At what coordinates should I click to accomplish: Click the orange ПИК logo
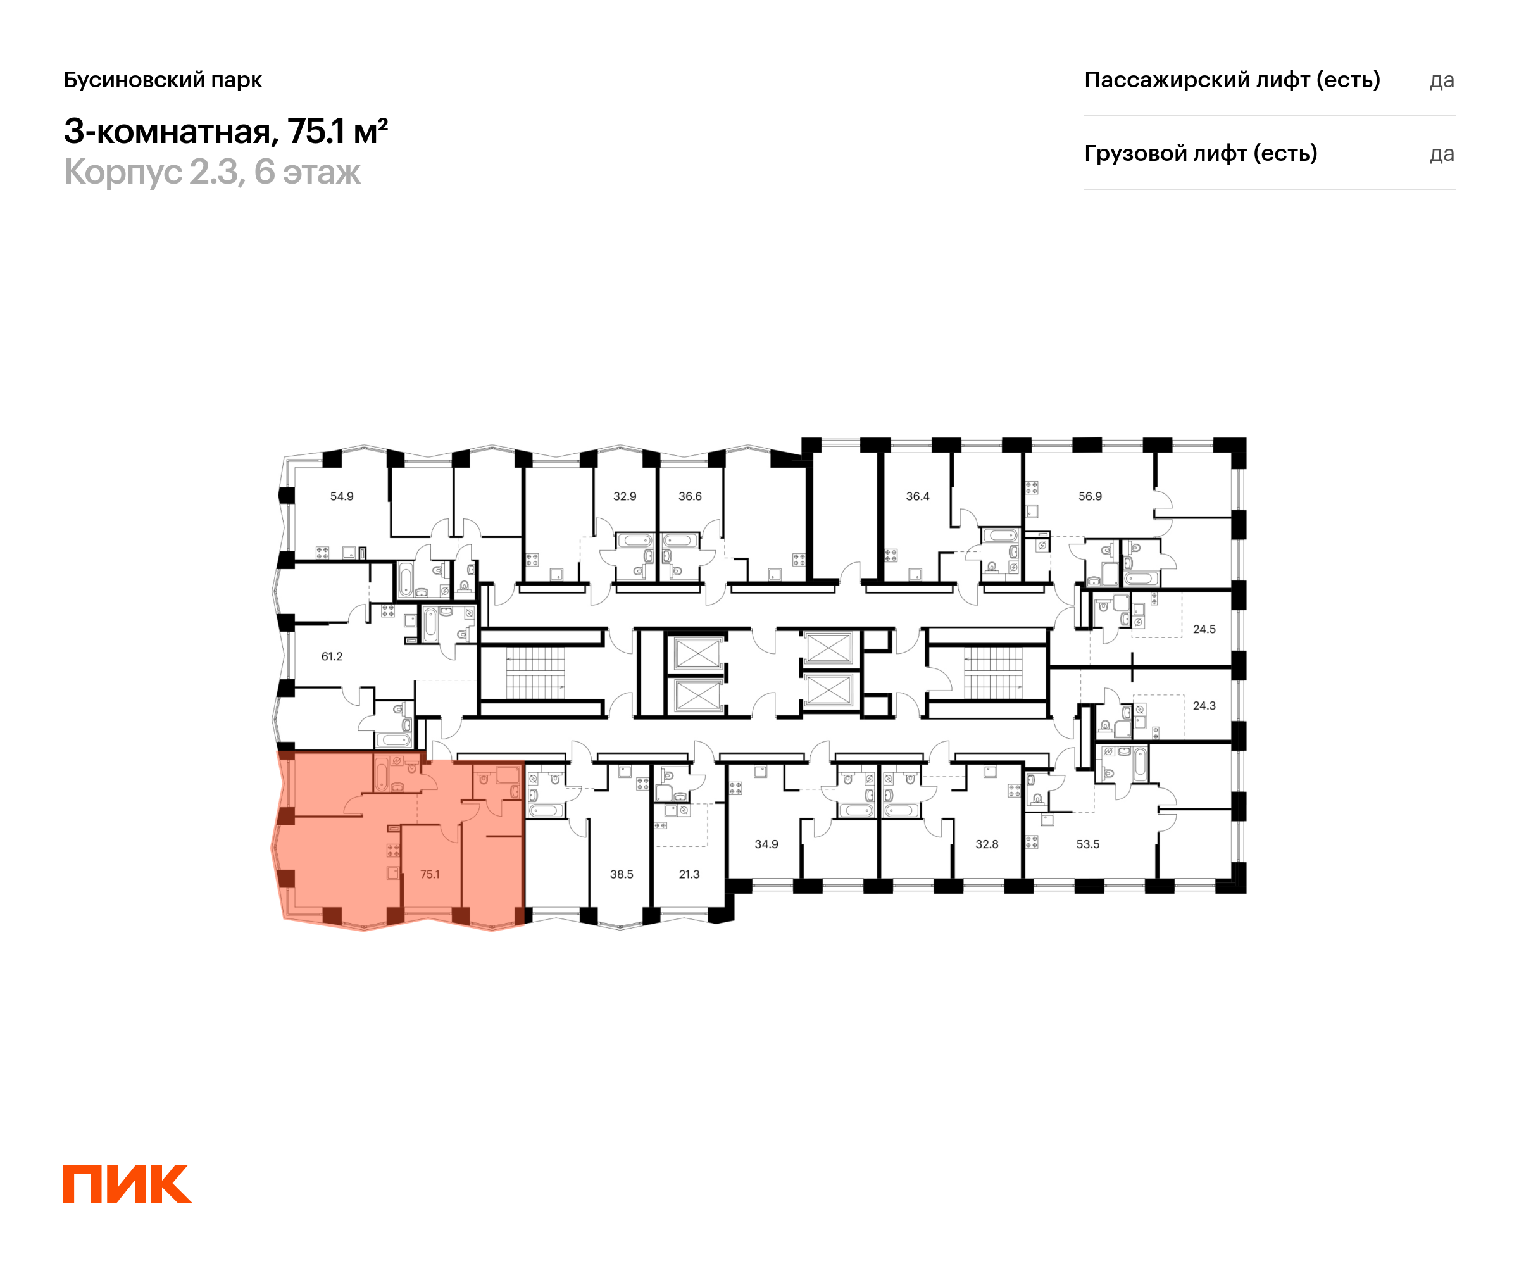[x=127, y=1184]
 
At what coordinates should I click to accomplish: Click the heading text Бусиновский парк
[x=163, y=80]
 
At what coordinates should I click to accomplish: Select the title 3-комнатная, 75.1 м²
[x=226, y=131]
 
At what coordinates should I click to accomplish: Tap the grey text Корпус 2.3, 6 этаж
[x=212, y=172]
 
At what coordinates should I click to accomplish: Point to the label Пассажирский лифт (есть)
[x=1232, y=80]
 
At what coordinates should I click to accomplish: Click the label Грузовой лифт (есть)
[x=1201, y=153]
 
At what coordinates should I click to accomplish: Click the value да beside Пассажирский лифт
[x=1442, y=80]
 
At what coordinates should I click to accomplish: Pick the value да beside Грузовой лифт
[x=1442, y=154]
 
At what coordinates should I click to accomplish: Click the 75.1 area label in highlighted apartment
[x=430, y=874]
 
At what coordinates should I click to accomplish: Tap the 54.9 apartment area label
[x=342, y=496]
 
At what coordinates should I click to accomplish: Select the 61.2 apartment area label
[x=332, y=656]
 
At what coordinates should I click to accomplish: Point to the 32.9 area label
[x=625, y=496]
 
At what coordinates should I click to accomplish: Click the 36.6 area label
[x=690, y=496]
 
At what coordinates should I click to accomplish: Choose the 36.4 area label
[x=918, y=496]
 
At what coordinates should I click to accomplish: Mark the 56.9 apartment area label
[x=1090, y=496]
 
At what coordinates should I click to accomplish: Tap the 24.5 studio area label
[x=1204, y=629]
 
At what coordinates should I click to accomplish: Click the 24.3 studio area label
[x=1204, y=705]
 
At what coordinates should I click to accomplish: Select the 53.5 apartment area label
[x=1088, y=844]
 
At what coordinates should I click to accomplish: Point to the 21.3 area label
[x=689, y=874]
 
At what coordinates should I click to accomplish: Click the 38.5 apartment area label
[x=622, y=874]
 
